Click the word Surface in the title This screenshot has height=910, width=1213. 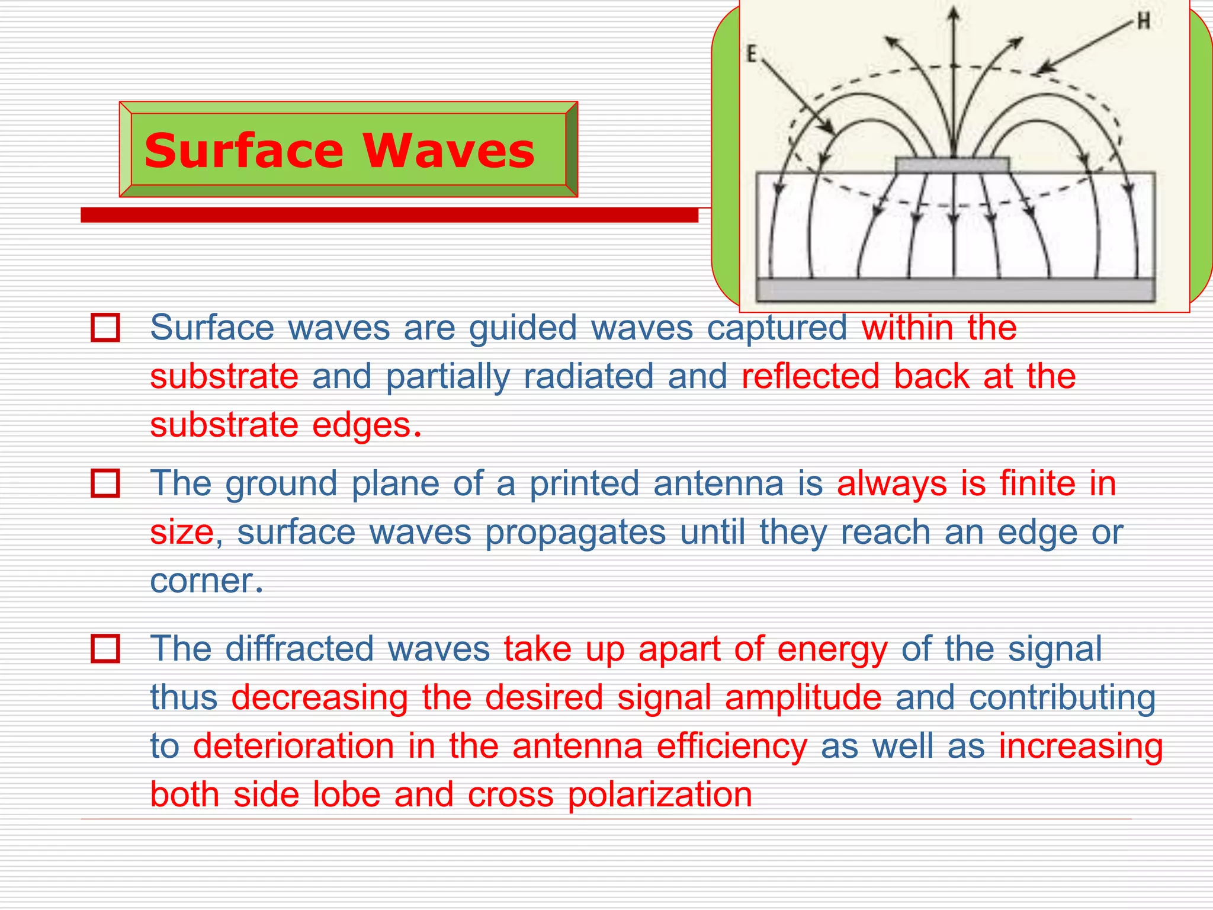243,150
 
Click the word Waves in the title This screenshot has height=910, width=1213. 448,150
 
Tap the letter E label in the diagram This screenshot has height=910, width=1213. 751,55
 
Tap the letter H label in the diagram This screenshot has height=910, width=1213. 1144,22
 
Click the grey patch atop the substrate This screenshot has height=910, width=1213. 952,165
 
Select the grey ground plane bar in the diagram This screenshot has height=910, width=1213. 955,290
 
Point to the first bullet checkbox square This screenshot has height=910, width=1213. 105,328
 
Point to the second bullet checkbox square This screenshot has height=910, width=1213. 105,483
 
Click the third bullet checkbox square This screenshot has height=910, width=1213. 105,648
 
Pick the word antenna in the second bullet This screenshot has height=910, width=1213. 718,483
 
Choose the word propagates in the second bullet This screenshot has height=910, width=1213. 576,532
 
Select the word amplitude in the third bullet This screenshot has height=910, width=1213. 803,697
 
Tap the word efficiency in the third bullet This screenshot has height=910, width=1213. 731,745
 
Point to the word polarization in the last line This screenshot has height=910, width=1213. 660,794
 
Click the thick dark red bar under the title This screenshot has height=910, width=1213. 389,215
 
